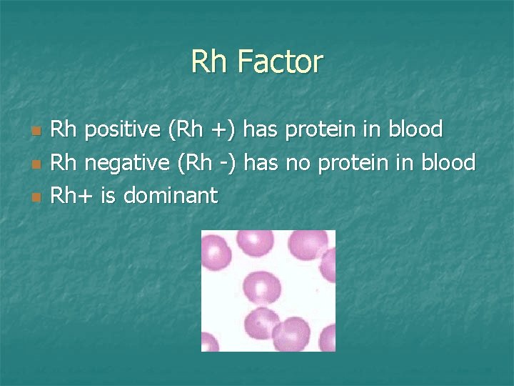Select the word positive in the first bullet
(123, 130)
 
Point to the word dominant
(170, 195)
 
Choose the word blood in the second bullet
(448, 163)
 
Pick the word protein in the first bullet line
(323, 130)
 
